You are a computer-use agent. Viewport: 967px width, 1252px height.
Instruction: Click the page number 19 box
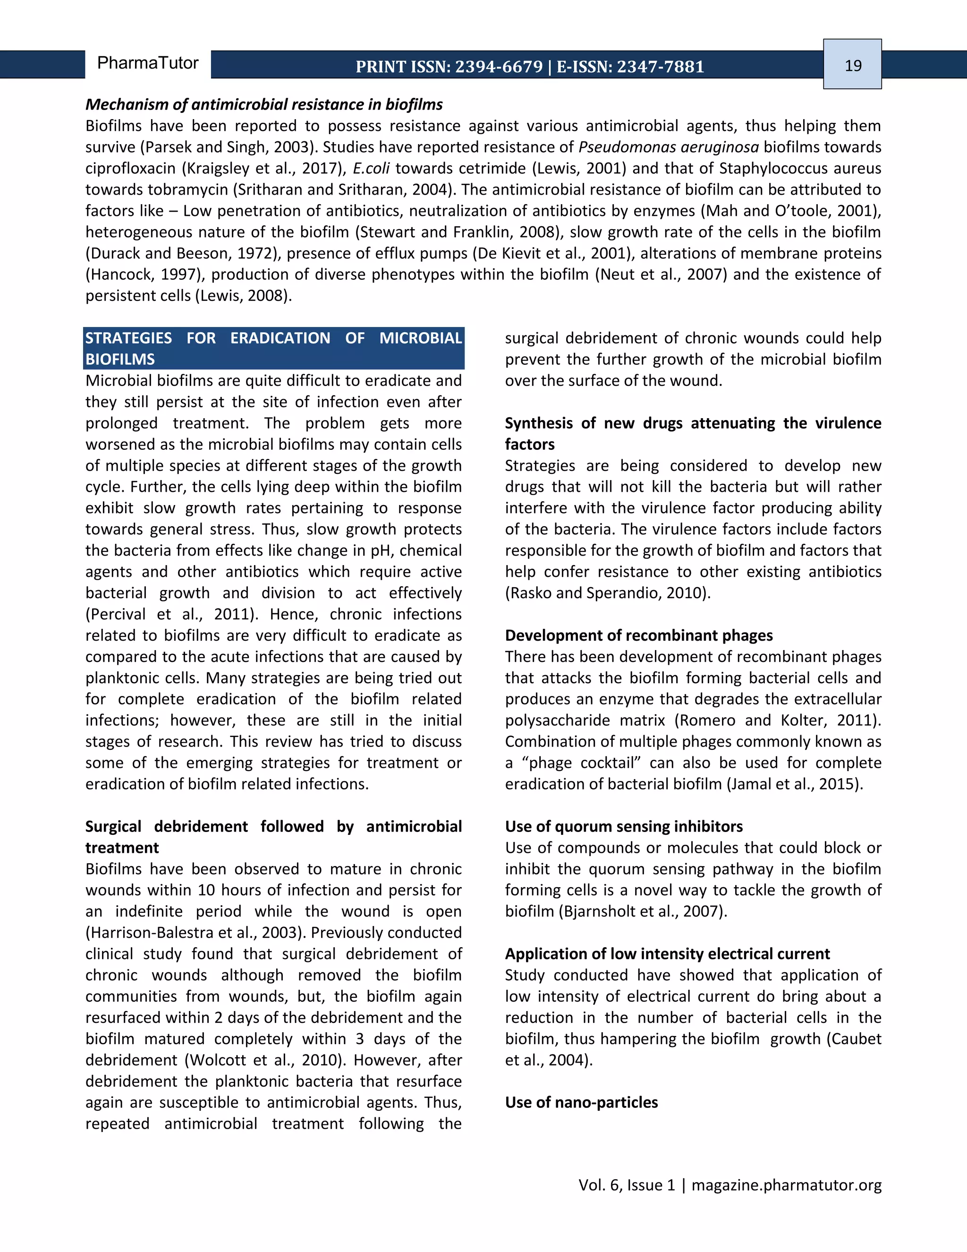852,64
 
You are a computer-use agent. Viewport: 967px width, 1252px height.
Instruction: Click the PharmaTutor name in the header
147,62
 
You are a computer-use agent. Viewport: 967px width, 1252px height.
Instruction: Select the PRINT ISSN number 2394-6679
499,67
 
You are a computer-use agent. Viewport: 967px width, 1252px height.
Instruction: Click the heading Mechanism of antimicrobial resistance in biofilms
263,104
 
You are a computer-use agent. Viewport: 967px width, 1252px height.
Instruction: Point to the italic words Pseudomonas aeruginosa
668,147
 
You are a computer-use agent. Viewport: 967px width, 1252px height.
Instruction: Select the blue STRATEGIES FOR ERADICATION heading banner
273,348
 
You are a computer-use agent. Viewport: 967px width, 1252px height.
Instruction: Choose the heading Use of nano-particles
581,1102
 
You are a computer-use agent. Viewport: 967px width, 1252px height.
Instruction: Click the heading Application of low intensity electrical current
667,953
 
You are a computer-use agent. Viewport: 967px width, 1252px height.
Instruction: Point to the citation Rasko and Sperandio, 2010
607,593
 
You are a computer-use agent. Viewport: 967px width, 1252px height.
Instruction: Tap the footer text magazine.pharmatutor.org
786,1184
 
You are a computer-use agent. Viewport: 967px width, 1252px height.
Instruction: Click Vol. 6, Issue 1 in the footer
627,1184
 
